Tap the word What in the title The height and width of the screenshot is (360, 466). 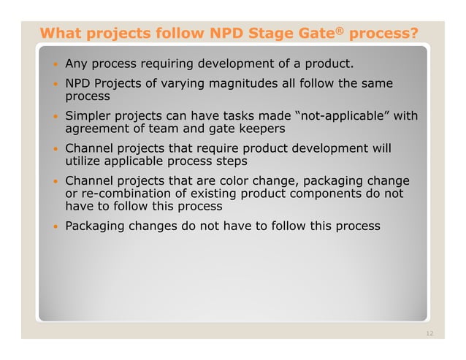click(x=61, y=34)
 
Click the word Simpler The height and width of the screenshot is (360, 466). click(x=91, y=116)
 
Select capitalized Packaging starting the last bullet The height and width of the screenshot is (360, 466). click(x=97, y=226)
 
